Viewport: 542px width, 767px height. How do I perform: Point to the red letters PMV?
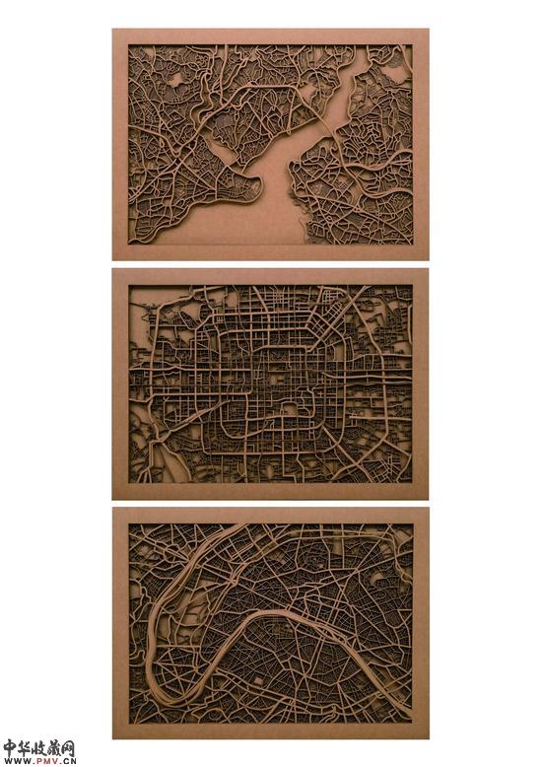[41, 761]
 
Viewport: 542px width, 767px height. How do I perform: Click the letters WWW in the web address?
[16, 761]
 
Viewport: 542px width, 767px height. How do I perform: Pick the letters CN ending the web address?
[67, 761]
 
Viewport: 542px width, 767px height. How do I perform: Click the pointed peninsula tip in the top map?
[260, 185]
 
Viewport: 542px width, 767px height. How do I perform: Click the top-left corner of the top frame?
[113, 30]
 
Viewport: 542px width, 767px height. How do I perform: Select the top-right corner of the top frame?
[428, 30]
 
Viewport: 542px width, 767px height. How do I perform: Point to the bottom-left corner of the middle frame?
[113, 498]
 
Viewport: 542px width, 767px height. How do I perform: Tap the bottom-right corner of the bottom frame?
[428, 737]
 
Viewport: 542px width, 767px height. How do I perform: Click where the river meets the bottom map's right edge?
[411, 712]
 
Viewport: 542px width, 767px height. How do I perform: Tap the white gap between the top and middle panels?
[271, 264]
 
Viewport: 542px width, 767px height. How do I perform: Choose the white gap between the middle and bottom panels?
[271, 504]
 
